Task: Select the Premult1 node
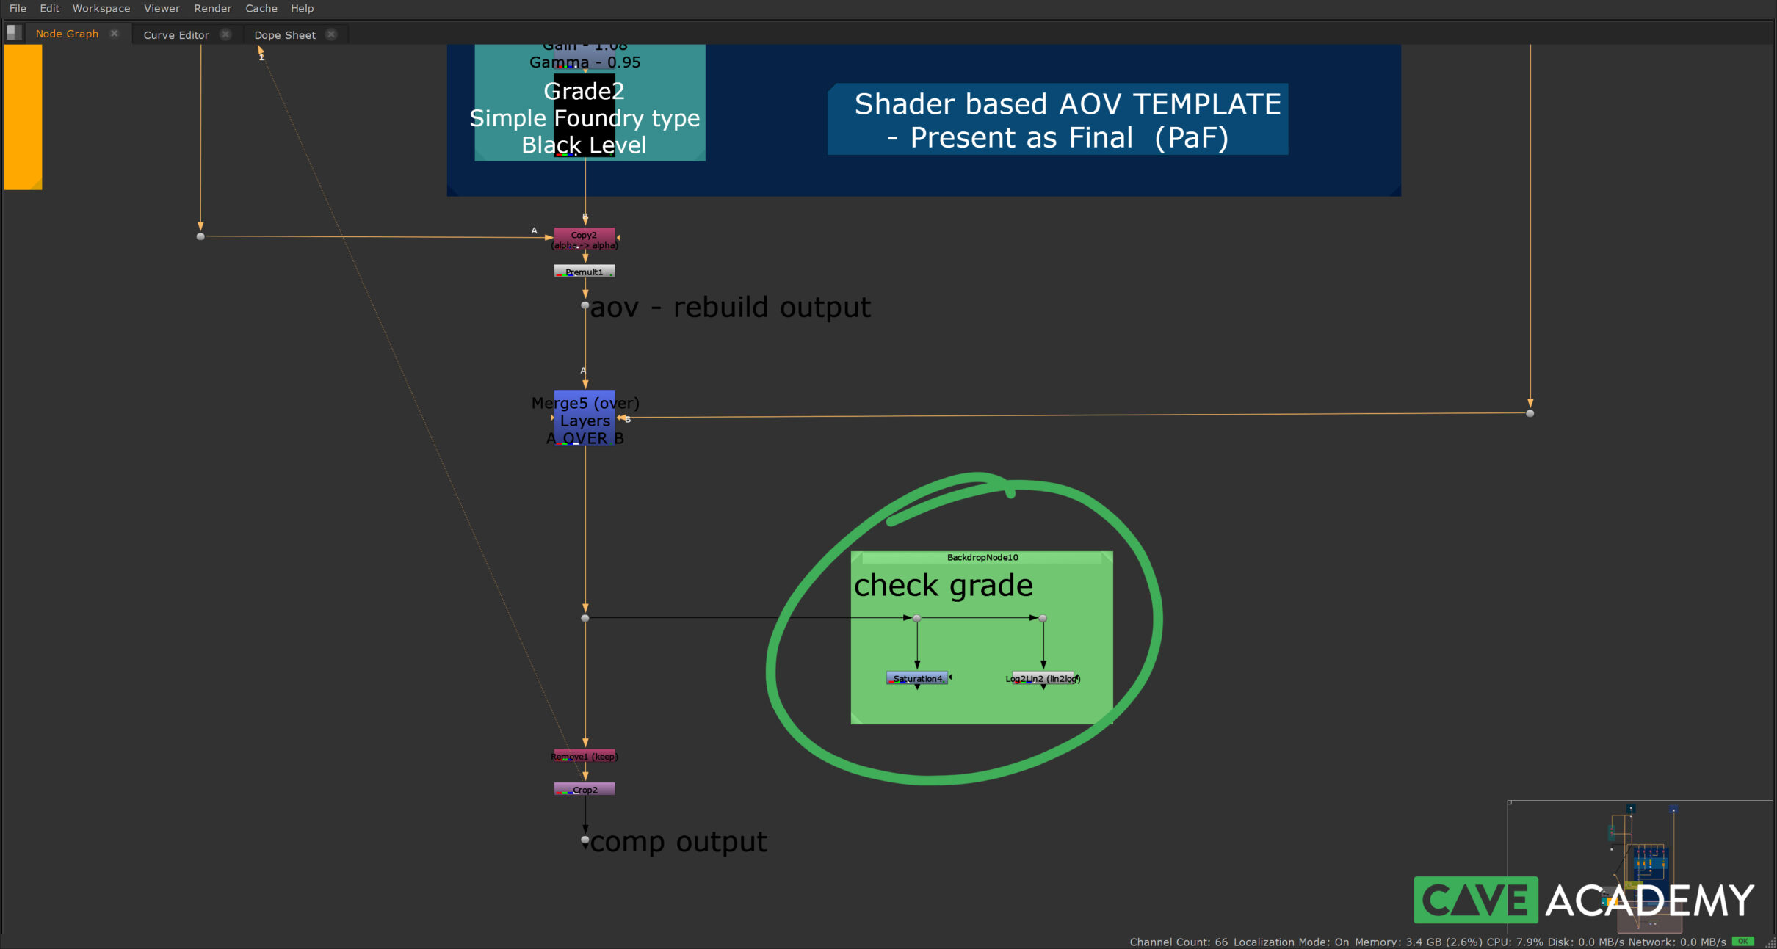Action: [585, 272]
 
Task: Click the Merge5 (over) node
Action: [585, 419]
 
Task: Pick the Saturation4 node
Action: [917, 678]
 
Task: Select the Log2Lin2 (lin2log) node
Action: [1043, 678]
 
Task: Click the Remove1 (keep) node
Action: [585, 756]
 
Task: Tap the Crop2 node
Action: [585, 790]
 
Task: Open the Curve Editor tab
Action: [176, 34]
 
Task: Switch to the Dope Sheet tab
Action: [285, 34]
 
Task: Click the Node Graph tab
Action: [67, 34]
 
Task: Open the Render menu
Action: [213, 8]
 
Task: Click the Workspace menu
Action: [101, 8]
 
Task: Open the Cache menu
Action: [261, 8]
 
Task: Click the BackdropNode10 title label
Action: [982, 557]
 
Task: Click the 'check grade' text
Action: [944, 586]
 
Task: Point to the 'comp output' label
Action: [678, 842]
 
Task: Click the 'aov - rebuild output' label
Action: [731, 308]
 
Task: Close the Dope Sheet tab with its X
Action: [331, 34]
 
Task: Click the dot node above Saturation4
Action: [917, 618]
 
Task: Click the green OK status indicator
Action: [1743, 941]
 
